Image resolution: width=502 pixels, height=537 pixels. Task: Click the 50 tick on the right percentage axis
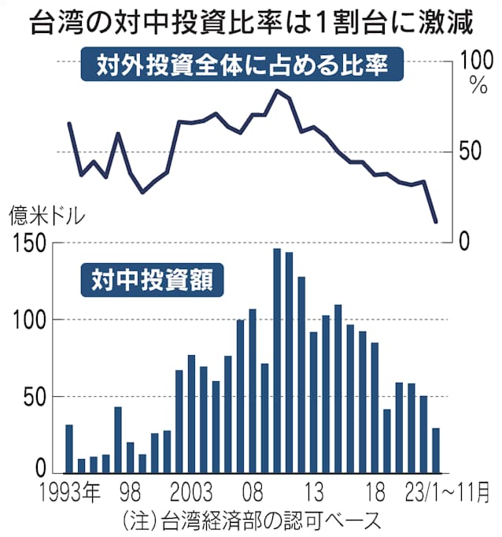tap(475, 151)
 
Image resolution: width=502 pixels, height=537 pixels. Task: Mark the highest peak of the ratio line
tap(276, 91)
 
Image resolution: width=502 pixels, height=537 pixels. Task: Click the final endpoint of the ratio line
tap(436, 222)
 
